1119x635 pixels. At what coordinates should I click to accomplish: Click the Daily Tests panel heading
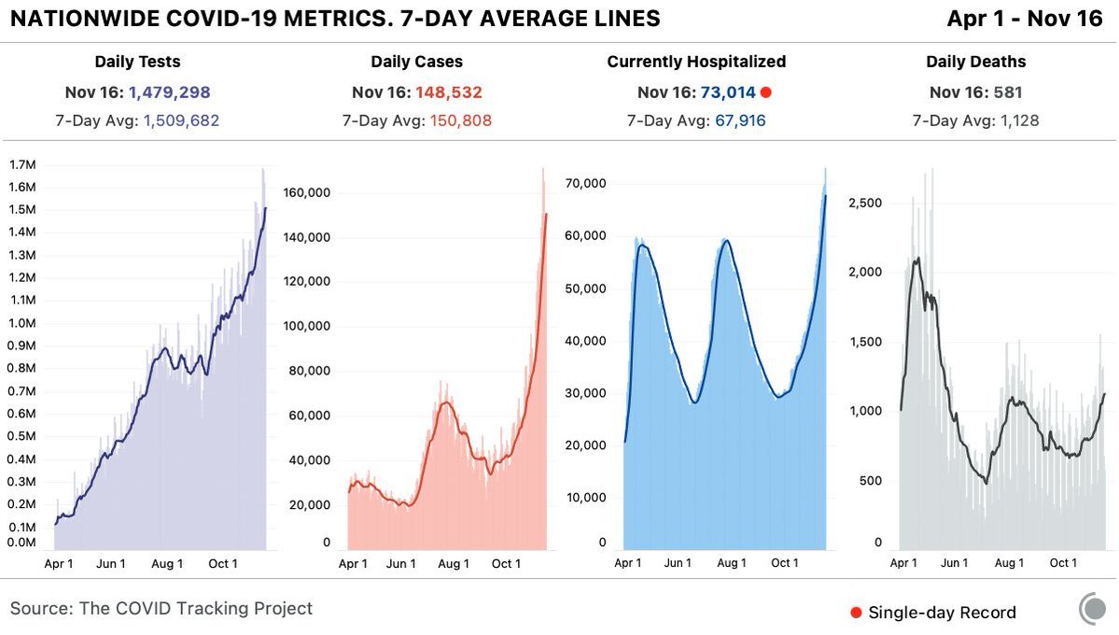(137, 62)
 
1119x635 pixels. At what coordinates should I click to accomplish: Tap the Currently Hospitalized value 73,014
(727, 92)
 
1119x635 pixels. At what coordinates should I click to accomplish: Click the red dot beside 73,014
(765, 92)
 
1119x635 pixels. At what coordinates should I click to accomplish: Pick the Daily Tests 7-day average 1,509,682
(181, 120)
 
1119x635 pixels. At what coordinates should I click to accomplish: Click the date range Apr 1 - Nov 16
(1024, 19)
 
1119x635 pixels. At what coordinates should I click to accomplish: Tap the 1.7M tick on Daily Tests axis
(22, 164)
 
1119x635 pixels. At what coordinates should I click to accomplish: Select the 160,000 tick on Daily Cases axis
(307, 193)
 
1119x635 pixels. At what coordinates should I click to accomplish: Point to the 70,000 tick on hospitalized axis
(588, 183)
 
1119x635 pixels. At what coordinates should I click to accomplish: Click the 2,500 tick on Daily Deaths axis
(867, 203)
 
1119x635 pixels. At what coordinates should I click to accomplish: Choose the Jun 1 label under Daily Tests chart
(110, 563)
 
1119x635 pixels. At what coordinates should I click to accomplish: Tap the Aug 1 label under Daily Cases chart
(454, 563)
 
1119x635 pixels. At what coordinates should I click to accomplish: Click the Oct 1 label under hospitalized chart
(784, 563)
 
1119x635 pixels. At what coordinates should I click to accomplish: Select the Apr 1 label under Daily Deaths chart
(903, 563)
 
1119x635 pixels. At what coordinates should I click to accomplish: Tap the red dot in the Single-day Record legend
(856, 613)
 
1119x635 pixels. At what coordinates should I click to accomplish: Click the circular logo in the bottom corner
(1093, 609)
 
